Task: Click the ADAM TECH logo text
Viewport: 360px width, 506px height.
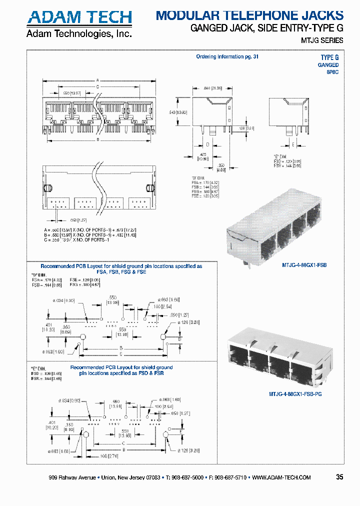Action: [79, 17]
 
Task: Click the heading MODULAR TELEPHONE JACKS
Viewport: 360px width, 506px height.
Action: [249, 15]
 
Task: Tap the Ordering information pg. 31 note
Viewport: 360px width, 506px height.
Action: [227, 57]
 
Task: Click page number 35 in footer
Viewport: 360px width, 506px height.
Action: [339, 477]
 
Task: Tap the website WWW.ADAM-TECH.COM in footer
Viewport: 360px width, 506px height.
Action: [281, 477]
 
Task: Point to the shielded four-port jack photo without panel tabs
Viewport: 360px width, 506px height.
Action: [272, 225]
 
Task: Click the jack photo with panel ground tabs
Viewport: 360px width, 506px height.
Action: [274, 358]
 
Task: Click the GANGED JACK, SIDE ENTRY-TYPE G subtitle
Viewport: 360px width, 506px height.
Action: [267, 28]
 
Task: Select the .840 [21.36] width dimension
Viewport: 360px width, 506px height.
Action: [213, 88]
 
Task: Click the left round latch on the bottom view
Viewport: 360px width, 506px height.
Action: [45, 188]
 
